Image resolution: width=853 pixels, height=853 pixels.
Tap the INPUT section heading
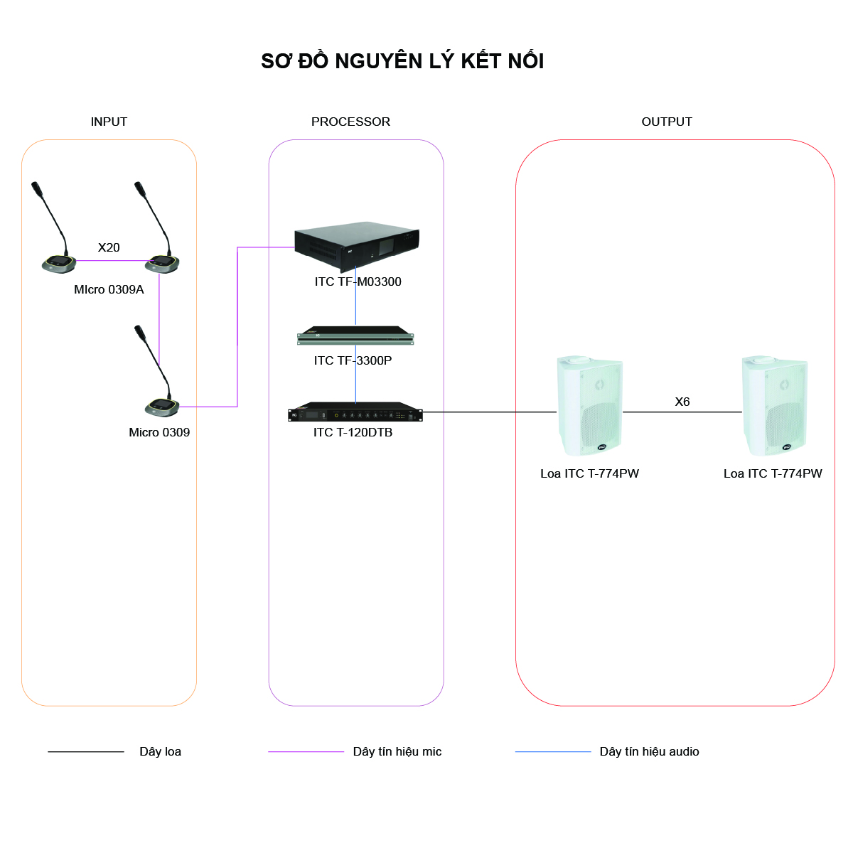point(109,122)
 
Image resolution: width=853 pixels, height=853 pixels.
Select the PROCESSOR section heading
point(350,122)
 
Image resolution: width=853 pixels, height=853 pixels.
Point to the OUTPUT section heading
point(667,122)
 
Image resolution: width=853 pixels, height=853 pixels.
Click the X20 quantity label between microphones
point(109,247)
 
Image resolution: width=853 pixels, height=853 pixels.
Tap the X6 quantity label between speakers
point(682,402)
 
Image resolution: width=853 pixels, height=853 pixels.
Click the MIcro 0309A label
point(109,289)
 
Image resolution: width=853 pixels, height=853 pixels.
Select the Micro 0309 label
point(159,432)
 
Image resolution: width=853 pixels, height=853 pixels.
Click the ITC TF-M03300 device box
point(357,246)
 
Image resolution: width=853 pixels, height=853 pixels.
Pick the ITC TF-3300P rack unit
point(355,336)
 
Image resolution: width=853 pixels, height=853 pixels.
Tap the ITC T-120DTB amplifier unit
point(355,412)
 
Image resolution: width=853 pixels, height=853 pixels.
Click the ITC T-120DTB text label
point(353,432)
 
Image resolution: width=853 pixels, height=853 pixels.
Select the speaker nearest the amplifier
point(589,405)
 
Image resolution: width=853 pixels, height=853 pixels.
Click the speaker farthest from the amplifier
point(775,405)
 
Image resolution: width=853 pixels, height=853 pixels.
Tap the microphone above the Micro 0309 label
point(158,371)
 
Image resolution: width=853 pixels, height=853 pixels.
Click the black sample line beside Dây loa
point(86,751)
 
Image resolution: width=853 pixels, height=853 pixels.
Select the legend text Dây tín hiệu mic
point(397,751)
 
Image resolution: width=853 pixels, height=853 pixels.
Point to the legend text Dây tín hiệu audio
point(650,751)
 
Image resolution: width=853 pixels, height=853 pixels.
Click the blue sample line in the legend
point(553,751)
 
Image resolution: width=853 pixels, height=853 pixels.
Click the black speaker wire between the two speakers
point(682,412)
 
